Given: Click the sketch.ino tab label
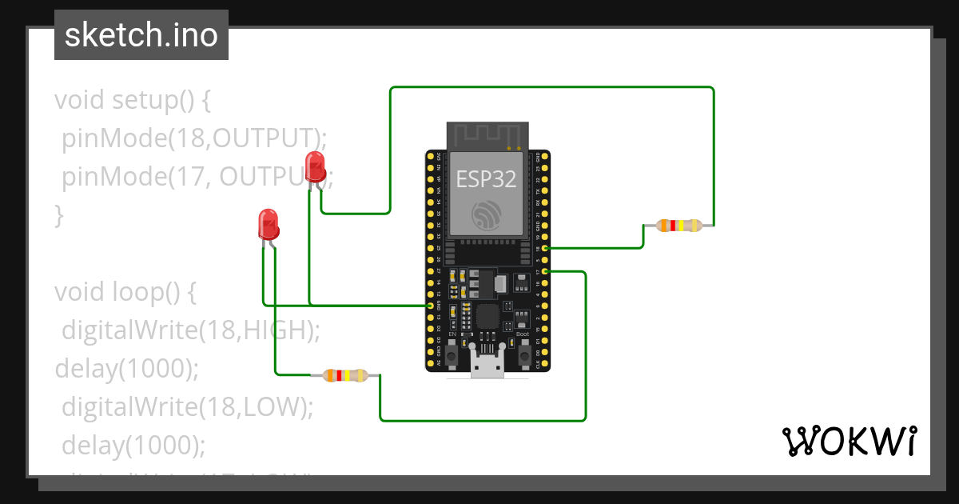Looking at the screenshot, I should (x=141, y=35).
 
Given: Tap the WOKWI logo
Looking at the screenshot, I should (x=848, y=441).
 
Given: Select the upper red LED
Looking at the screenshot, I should (x=315, y=166).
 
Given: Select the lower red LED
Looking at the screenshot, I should (x=269, y=223).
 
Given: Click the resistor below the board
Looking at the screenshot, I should (x=344, y=374).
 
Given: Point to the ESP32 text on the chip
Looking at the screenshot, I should (x=485, y=178).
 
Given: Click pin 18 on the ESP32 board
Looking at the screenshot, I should (x=544, y=249).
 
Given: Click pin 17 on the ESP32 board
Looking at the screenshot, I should (x=544, y=272).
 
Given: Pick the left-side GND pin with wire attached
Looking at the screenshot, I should (x=431, y=306).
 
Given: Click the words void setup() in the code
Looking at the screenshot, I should (x=133, y=100).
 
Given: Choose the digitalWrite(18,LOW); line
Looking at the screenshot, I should (x=187, y=406).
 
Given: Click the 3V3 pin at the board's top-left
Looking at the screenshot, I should (x=431, y=158).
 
